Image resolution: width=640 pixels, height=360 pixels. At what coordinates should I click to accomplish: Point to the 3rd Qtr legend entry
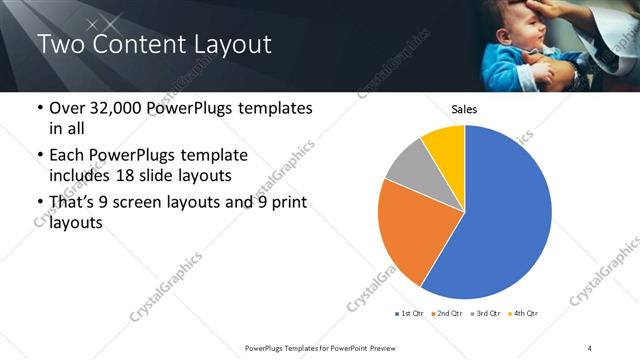click(486, 314)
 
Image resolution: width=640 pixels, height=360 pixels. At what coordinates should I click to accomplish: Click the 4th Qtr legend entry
click(524, 314)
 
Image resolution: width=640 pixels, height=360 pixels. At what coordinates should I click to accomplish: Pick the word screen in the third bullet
click(149, 203)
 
